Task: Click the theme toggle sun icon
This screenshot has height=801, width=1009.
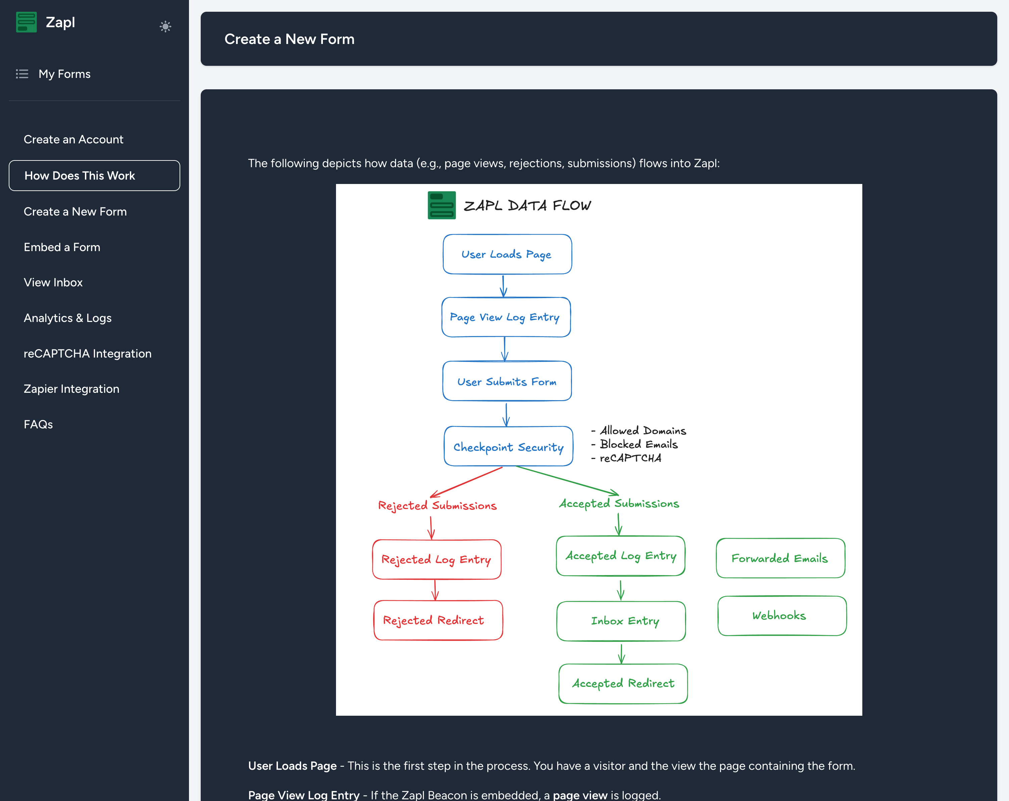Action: coord(165,26)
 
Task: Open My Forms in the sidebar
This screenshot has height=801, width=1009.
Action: coord(64,74)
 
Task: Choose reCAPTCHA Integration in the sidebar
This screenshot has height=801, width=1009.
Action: coord(88,354)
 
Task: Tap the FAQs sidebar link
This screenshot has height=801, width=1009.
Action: coord(38,424)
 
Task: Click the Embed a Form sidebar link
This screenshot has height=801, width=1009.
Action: coord(62,247)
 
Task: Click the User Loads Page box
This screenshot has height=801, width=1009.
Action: coord(507,254)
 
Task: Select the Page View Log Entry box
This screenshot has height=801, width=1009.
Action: coord(506,317)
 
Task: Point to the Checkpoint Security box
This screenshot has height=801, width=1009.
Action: coord(508,446)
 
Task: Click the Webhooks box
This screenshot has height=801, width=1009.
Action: coord(782,616)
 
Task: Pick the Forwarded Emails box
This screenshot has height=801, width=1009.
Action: coord(781,558)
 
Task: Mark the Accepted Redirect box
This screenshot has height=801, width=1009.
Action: coord(623,684)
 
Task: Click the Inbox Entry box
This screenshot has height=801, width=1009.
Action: coord(621,621)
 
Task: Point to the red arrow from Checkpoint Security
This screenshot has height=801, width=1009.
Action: coord(466,482)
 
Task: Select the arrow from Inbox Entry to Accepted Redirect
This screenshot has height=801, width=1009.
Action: coord(622,654)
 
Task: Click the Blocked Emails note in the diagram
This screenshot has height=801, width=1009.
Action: coord(638,444)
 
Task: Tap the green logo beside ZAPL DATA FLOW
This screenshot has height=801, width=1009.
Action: coord(441,205)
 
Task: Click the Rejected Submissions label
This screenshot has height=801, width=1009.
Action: coord(437,506)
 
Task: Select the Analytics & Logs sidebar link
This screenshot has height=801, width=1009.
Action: coord(68,318)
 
